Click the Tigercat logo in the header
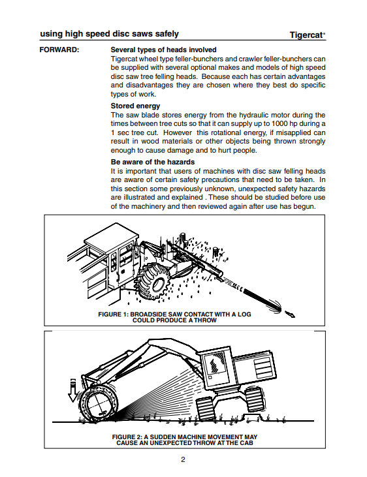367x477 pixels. [307, 35]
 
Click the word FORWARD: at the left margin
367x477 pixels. [59, 50]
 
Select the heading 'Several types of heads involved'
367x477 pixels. [163, 50]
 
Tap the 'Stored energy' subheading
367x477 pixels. [135, 106]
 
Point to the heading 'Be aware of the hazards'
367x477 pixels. [153, 162]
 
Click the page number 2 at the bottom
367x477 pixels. [183, 459]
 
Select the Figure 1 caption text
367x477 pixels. [174, 317]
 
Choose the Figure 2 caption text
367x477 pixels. [185, 440]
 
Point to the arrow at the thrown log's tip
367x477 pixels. [290, 314]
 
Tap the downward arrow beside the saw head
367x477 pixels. [72, 390]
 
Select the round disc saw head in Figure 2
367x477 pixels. [97, 403]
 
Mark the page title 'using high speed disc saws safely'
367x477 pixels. [109, 34]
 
